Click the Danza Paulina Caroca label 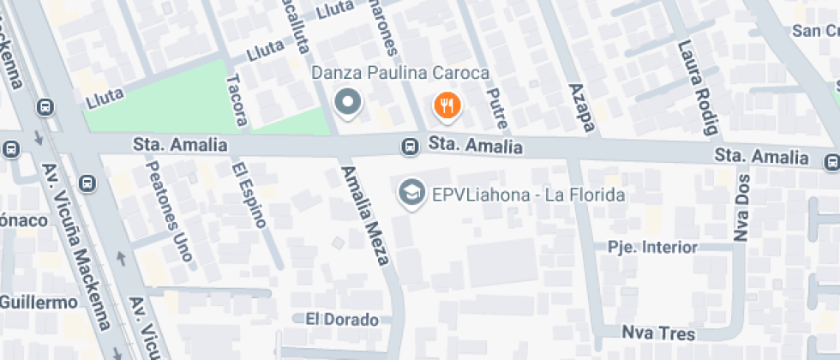point(400,74)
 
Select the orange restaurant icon point(447,106)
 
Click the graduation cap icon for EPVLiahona point(411,193)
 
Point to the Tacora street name point(236,100)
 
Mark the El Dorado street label point(341,320)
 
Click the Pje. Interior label point(651,248)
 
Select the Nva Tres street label point(658,333)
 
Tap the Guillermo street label point(39,303)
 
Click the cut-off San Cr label point(814,31)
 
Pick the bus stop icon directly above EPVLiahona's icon point(411,147)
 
